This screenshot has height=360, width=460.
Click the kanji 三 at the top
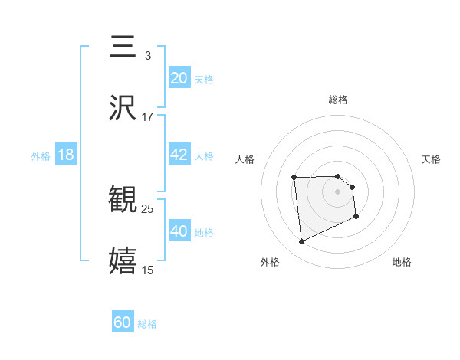(123, 47)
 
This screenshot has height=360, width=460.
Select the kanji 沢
(123, 108)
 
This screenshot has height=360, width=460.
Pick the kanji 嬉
(123, 260)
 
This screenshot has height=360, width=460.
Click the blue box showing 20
(179, 78)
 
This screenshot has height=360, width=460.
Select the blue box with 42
(179, 155)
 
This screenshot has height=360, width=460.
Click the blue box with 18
(66, 155)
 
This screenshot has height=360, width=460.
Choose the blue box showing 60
(123, 322)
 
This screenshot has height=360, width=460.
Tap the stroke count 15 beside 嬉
(147, 269)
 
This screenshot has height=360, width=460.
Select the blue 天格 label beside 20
(204, 79)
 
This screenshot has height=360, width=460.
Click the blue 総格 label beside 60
(147, 323)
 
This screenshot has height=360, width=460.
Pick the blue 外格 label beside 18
(41, 155)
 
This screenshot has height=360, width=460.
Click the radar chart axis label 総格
(338, 100)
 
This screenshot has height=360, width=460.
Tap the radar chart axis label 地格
(402, 262)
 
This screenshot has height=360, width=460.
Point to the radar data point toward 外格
(301, 242)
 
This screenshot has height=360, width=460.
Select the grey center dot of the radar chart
(338, 191)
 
